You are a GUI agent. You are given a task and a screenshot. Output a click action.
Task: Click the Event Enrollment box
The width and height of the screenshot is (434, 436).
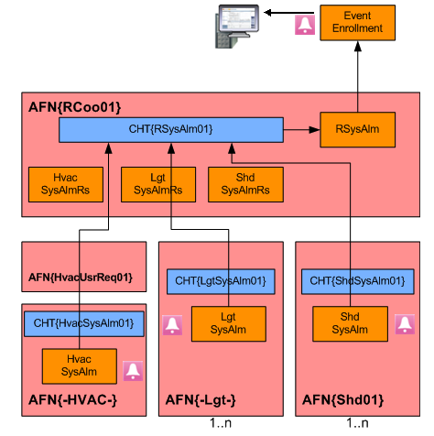click(x=357, y=23)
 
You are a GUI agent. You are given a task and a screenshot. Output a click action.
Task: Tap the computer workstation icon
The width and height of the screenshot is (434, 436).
click(x=237, y=27)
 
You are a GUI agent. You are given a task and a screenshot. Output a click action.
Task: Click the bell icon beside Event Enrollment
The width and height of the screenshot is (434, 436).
click(x=305, y=25)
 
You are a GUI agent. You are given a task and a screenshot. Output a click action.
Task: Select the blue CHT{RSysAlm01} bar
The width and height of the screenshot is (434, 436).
click(x=171, y=130)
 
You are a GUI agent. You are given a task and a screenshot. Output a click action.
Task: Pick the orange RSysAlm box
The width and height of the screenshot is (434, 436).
click(x=357, y=129)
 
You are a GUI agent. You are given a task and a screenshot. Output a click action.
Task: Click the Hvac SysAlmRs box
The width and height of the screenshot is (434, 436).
click(x=66, y=184)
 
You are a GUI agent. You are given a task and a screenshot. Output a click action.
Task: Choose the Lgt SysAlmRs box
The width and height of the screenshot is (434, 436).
click(x=158, y=184)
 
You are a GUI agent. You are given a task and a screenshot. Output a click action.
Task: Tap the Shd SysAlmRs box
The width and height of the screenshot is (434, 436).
click(x=245, y=184)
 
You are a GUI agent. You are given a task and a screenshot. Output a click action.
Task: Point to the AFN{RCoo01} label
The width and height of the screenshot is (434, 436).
click(x=75, y=107)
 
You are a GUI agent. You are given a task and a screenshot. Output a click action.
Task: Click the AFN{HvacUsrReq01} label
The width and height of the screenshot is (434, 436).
click(x=81, y=278)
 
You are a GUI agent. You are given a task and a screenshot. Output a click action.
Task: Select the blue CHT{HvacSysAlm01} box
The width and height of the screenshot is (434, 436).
click(x=84, y=323)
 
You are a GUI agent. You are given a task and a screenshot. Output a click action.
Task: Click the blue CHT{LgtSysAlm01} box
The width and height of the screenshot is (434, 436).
click(x=221, y=281)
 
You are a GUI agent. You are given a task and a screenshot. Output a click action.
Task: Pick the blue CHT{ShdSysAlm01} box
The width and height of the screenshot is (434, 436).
click(x=358, y=281)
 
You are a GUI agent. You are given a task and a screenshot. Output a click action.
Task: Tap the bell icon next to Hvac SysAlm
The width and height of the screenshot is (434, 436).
click(x=133, y=371)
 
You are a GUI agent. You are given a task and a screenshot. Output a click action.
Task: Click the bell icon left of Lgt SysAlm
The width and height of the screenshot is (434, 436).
click(x=172, y=325)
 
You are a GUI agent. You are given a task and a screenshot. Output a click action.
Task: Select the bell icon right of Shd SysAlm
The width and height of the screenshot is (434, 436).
click(x=405, y=324)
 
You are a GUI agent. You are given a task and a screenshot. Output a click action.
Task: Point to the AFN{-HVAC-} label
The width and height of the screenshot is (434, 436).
click(x=72, y=400)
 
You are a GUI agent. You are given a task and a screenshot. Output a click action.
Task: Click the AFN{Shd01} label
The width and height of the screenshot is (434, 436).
click(x=342, y=400)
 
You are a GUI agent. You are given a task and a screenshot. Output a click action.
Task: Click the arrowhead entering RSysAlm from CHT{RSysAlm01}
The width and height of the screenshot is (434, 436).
click(x=314, y=130)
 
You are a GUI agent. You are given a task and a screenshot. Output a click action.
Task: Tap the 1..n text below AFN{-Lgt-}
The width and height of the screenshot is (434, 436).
click(x=221, y=423)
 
